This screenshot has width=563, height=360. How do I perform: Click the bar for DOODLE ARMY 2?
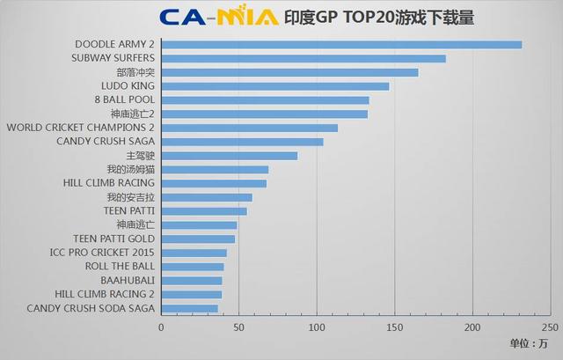click(341, 45)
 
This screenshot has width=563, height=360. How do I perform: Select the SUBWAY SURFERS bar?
click(303, 59)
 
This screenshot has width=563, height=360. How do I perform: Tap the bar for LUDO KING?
click(275, 86)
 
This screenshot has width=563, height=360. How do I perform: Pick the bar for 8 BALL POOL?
click(265, 100)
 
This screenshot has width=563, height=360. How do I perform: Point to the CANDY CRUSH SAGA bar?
click(242, 142)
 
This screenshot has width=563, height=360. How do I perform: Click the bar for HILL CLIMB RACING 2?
click(192, 295)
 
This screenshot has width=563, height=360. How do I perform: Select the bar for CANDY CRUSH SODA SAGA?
click(189, 309)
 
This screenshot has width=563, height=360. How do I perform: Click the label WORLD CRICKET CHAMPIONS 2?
click(80, 128)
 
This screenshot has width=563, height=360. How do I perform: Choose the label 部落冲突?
click(135, 72)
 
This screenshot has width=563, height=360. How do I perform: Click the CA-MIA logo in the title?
click(219, 17)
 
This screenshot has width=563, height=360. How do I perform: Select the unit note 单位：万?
click(528, 342)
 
